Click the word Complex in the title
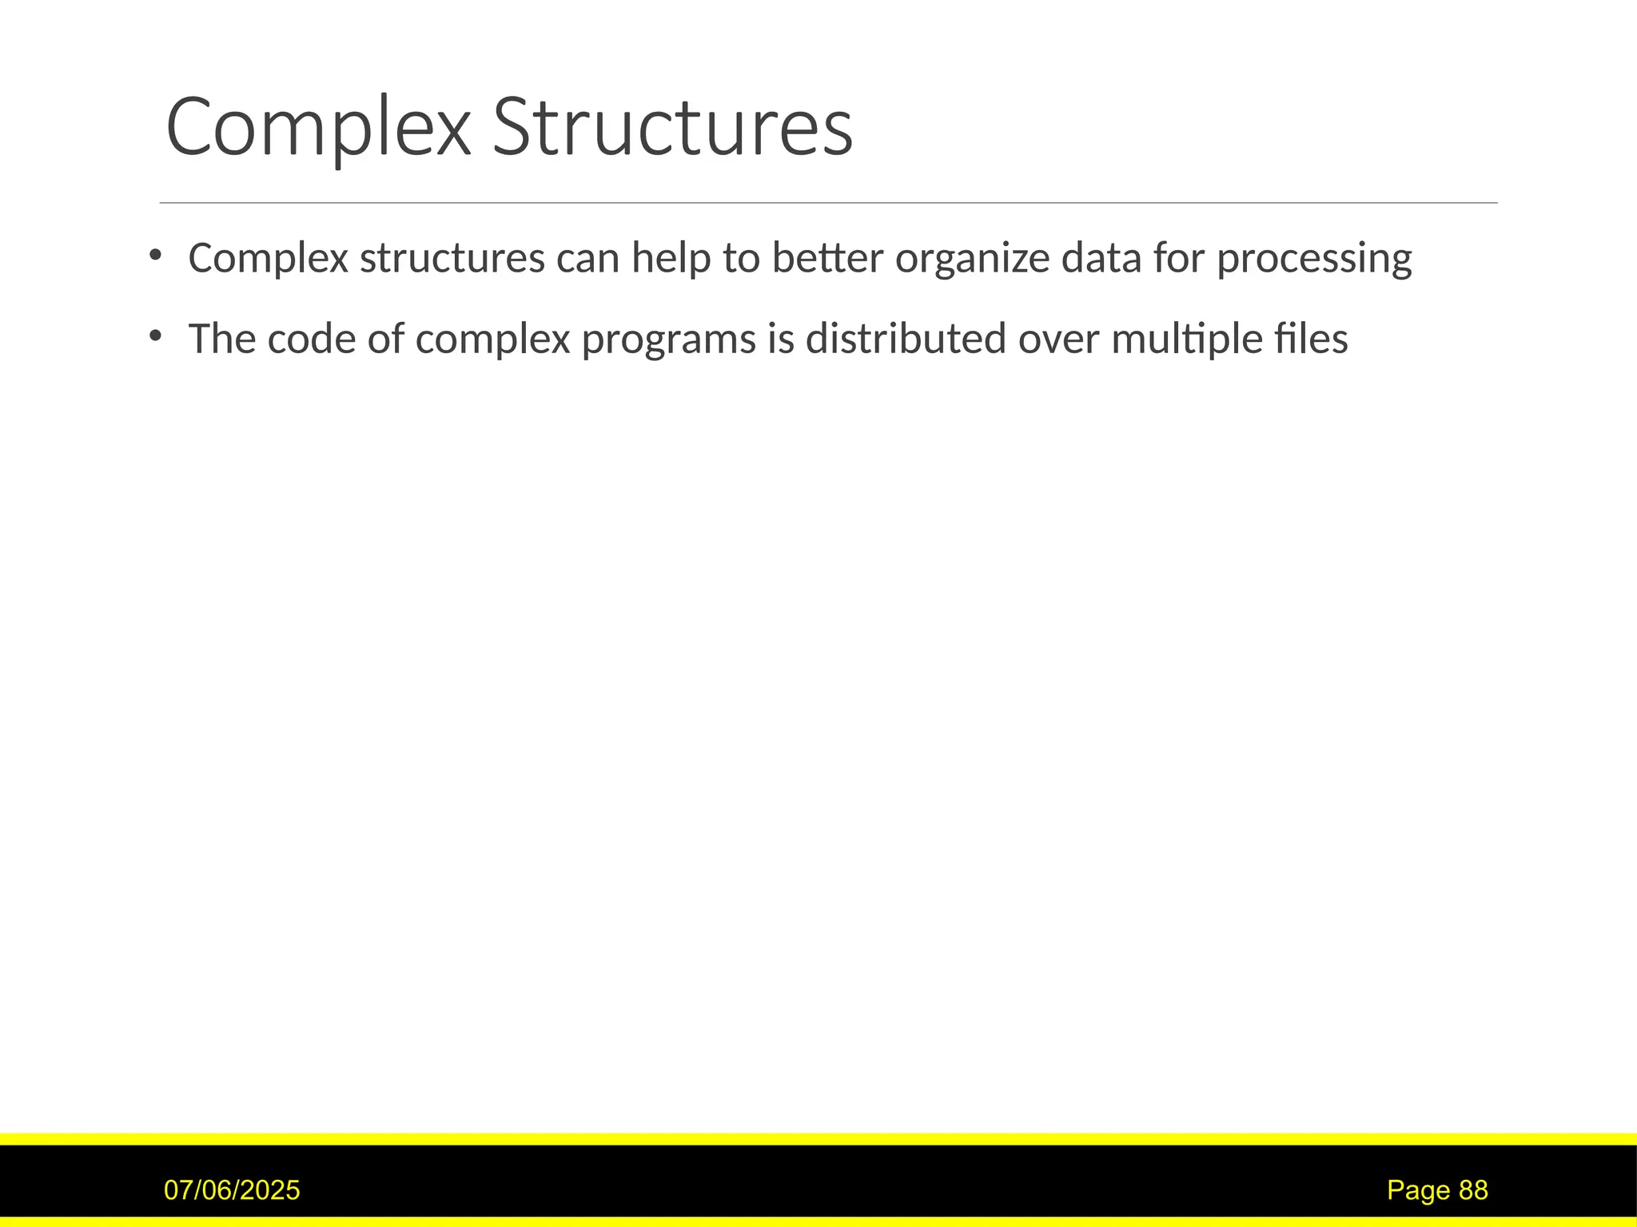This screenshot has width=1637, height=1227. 318,128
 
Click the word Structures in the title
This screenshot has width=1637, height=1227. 672,128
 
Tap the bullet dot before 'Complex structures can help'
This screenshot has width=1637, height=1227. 155,255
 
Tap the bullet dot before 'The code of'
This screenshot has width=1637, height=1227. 155,336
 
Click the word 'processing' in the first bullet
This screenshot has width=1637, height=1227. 1314,259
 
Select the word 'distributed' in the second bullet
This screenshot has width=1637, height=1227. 906,339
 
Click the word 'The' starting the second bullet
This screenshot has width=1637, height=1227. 221,339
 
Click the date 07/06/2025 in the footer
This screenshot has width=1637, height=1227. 232,1190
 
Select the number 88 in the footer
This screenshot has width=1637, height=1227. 1473,1190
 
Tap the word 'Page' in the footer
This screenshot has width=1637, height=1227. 1418,1190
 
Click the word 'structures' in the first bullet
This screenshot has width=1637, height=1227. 452,259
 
